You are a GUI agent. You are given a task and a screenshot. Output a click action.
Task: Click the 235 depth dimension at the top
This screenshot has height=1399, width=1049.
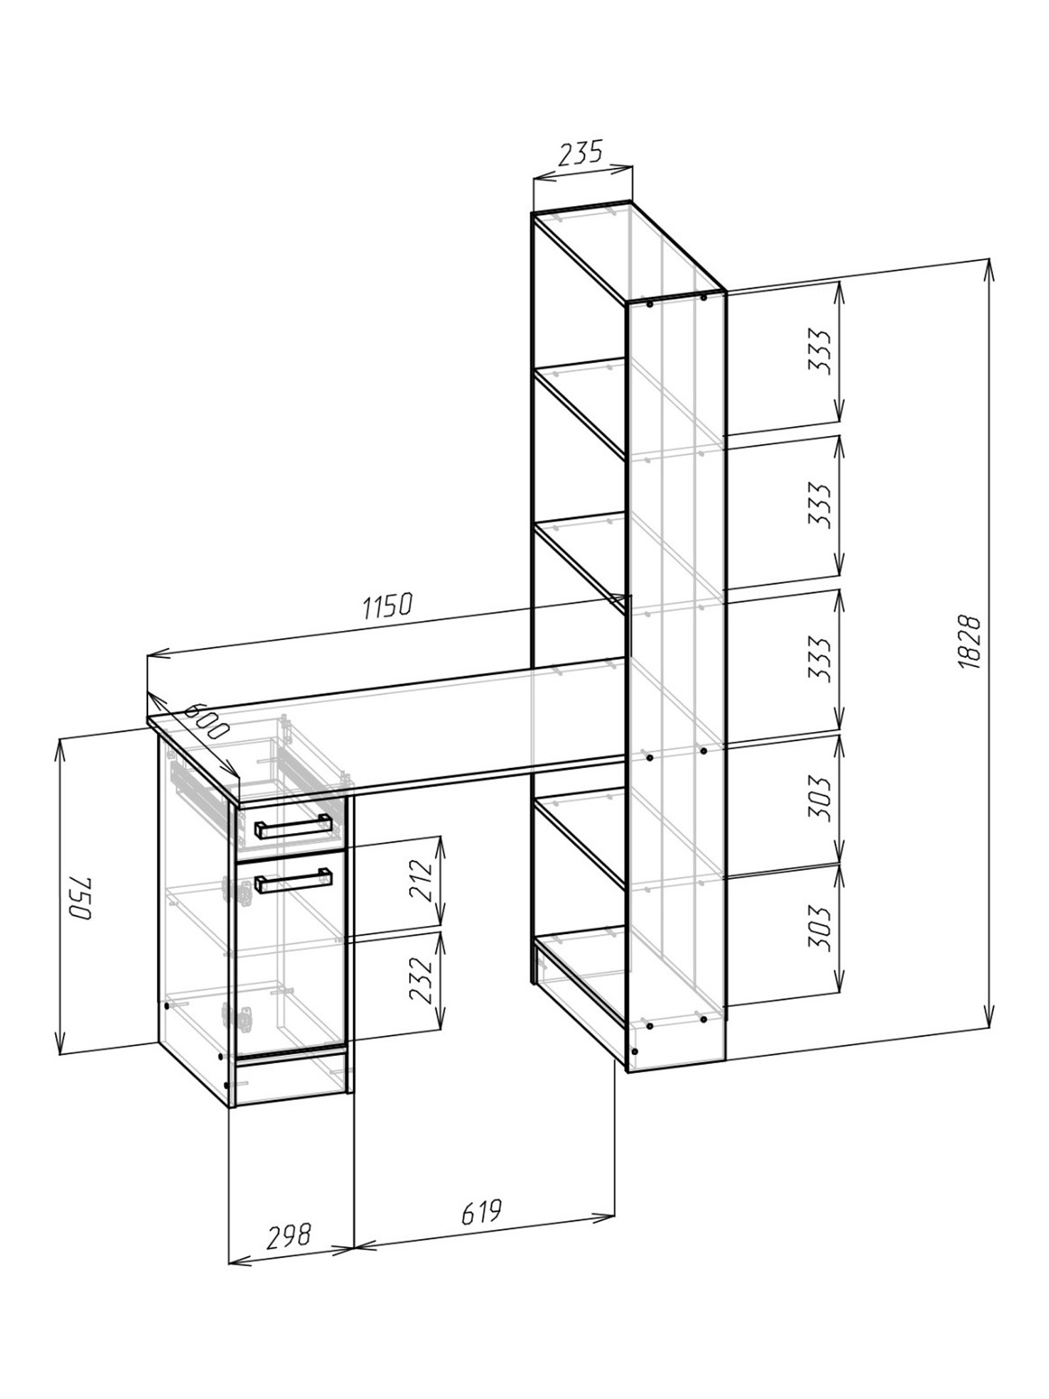click(x=580, y=153)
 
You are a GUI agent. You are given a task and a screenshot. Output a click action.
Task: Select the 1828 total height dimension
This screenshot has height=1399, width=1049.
click(x=968, y=641)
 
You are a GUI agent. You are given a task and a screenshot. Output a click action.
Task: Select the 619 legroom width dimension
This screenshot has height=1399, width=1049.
click(x=481, y=1212)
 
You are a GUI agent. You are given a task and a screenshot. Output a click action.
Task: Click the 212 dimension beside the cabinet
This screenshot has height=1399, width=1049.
click(x=421, y=880)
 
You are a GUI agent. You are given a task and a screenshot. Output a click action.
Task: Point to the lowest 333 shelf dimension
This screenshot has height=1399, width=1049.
click(x=819, y=658)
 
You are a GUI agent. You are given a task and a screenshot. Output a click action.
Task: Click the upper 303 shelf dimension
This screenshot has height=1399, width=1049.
click(x=819, y=800)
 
